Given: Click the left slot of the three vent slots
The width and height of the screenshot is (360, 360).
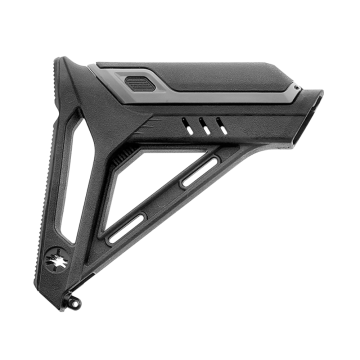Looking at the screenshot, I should point(185,127).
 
